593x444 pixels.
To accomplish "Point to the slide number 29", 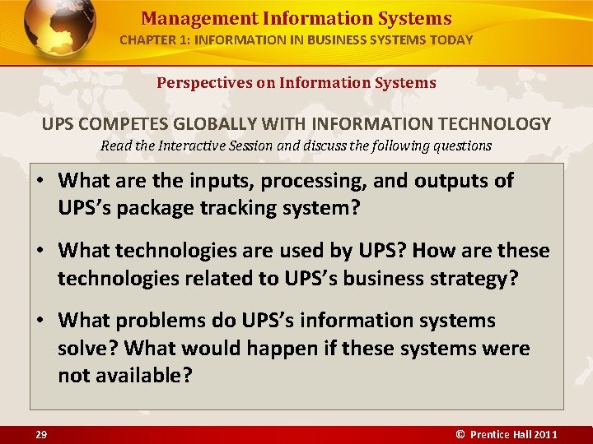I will [40, 434].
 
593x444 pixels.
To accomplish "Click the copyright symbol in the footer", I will [460, 434].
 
